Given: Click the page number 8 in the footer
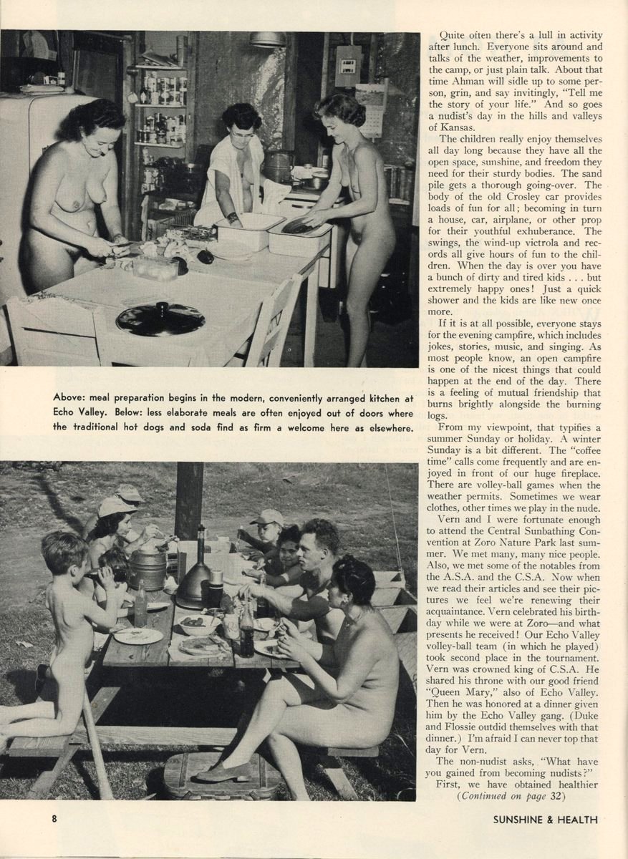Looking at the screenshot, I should click(x=54, y=820).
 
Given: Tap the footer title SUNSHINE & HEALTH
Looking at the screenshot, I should click(x=544, y=820).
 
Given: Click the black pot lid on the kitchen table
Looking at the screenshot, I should click(x=160, y=319).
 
